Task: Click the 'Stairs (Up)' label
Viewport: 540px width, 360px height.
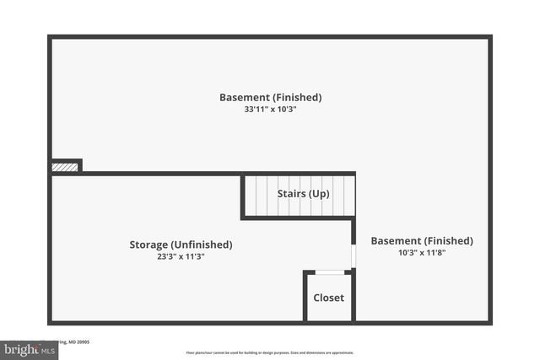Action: click(303, 194)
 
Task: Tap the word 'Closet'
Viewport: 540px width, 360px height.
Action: click(328, 298)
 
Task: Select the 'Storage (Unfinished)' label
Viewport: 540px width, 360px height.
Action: click(181, 244)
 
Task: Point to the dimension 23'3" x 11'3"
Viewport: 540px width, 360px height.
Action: click(181, 256)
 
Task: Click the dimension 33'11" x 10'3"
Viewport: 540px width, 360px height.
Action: click(270, 109)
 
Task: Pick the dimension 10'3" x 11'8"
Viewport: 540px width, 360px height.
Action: click(422, 252)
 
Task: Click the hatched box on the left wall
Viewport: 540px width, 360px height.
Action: click(65, 167)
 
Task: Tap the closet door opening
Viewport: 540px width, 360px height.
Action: click(329, 272)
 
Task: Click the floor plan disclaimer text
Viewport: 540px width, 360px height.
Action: click(270, 352)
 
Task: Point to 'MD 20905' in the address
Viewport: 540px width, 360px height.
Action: click(79, 341)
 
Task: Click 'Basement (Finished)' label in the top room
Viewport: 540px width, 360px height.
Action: click(270, 97)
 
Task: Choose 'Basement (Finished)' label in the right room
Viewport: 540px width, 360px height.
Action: click(422, 240)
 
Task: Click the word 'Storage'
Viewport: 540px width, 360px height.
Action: click(149, 244)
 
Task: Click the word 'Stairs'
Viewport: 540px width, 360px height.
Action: click(291, 194)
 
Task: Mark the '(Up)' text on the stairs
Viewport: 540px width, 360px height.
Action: click(319, 194)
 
